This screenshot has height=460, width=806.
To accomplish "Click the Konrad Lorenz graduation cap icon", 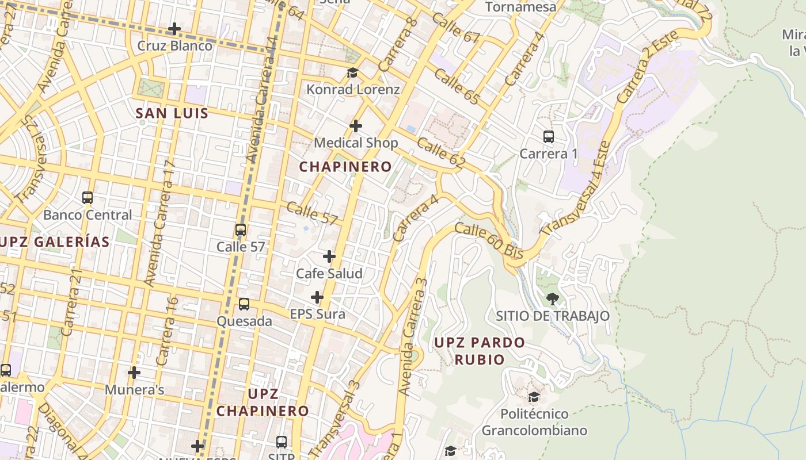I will click(352, 73).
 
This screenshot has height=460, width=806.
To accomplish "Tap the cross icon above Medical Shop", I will click(356, 126).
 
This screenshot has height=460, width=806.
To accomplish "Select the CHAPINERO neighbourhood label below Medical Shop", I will click(345, 167).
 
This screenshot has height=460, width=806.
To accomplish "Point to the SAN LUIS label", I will click(172, 113).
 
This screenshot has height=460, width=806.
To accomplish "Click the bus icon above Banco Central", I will click(88, 198).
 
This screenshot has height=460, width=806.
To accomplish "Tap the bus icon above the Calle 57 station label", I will click(241, 230).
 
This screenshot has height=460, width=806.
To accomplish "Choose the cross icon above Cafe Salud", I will click(329, 256).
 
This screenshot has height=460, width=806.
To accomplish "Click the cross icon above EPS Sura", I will click(317, 297).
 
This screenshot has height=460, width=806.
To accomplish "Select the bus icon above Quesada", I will click(244, 304).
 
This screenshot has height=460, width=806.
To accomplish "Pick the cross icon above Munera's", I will click(134, 373).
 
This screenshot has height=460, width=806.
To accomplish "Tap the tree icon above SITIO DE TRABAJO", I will click(553, 298).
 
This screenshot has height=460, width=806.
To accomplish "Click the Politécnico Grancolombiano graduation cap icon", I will click(534, 397).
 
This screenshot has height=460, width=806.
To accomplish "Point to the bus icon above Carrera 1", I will click(549, 137).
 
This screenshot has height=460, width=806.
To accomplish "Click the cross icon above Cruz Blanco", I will click(174, 29).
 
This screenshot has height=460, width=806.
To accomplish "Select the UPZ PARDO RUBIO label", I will click(479, 351).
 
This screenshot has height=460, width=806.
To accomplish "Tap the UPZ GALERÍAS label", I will click(55, 242).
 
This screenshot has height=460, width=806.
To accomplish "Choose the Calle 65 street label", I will click(457, 87).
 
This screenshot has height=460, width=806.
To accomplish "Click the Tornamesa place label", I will click(521, 7).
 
